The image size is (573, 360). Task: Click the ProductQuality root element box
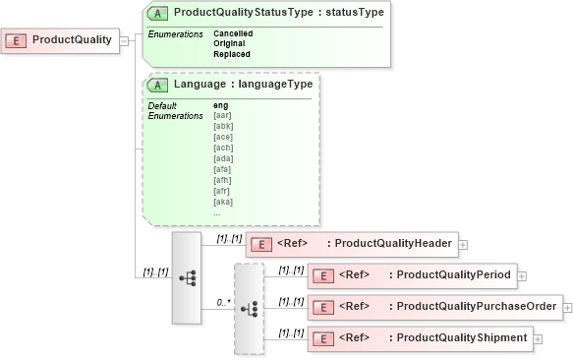pos(61,40)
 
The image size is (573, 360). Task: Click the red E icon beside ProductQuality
pos(17,41)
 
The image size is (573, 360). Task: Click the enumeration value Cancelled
pos(232,33)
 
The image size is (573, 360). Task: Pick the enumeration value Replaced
pos(231,54)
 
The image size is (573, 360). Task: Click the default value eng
pos(220,105)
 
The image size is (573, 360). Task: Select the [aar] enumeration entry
pos(223,115)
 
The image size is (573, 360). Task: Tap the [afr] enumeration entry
pos(222,191)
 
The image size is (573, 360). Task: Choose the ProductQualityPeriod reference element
pos(412,275)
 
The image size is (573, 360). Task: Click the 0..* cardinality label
pos(224,303)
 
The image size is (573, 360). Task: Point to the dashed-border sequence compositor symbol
pos(249,308)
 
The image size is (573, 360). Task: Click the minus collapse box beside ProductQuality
pos(124,41)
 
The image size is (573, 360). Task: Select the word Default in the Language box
pos(162,105)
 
